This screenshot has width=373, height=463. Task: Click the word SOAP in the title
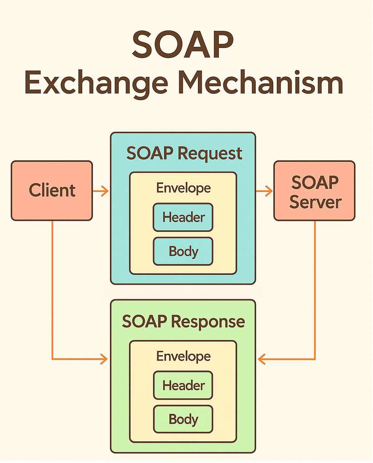click(182, 45)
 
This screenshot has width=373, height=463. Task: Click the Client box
click(52, 190)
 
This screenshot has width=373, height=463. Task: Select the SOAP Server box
click(314, 190)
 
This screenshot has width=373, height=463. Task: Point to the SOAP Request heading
click(184, 153)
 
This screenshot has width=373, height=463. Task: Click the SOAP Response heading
click(183, 322)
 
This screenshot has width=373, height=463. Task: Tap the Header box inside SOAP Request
click(183, 217)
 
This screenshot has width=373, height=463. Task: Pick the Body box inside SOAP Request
click(183, 251)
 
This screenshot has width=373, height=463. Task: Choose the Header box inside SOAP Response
click(183, 385)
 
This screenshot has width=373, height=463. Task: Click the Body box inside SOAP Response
click(183, 419)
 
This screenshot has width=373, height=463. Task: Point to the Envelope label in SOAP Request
click(183, 188)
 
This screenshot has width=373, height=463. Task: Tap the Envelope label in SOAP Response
click(183, 356)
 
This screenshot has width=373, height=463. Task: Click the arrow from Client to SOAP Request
click(101, 191)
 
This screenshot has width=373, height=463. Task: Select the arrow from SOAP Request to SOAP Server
click(265, 191)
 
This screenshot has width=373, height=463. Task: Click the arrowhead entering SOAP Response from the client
click(104, 359)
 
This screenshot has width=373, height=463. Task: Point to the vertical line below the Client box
click(52, 289)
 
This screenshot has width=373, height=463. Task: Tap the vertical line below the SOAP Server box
click(315, 289)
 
